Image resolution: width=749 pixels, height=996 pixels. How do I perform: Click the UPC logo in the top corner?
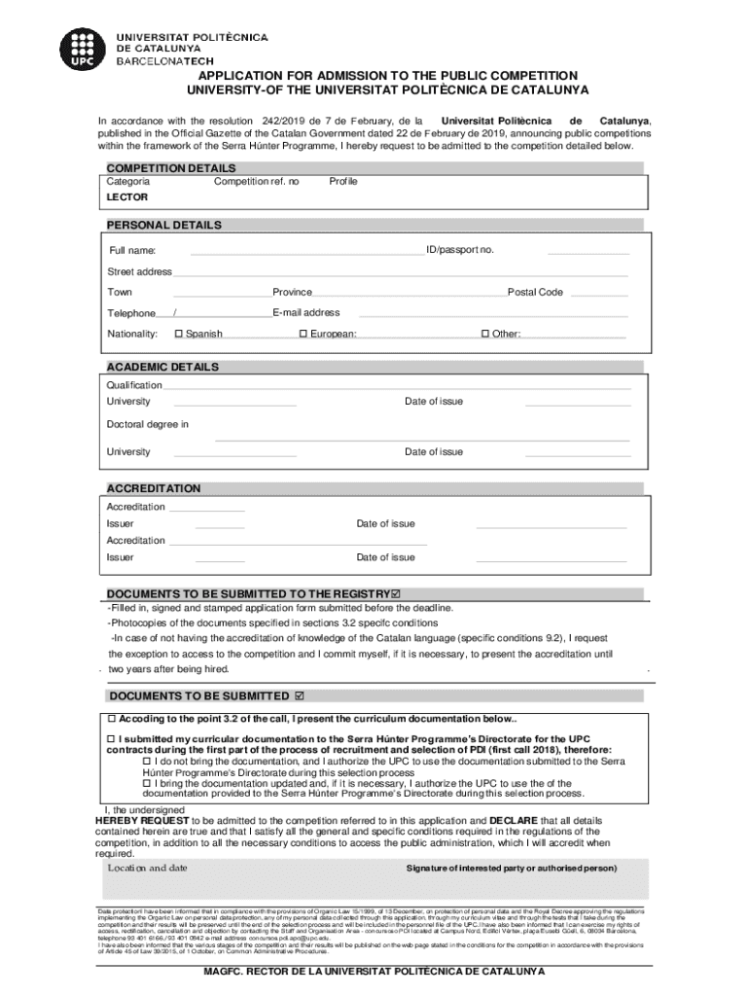coord(79,46)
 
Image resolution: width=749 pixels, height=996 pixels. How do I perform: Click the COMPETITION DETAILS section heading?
coord(170,168)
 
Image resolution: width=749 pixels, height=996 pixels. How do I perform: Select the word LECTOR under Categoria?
coord(127,196)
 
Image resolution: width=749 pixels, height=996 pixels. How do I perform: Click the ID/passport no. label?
coord(460,251)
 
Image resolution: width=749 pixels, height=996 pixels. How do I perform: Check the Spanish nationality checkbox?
coord(178,335)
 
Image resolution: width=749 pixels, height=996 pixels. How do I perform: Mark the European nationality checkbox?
coord(303,335)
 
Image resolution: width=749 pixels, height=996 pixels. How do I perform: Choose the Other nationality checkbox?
coord(484,335)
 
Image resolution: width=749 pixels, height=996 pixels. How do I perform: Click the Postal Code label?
coord(535,293)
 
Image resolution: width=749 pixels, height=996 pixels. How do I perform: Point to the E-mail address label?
coord(306,313)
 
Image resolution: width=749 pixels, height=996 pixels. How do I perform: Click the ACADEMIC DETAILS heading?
coord(162,368)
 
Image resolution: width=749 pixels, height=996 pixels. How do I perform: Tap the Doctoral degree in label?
coord(147,424)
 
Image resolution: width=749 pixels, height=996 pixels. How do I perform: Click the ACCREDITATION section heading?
coord(153,488)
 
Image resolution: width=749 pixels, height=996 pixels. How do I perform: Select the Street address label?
coord(139,271)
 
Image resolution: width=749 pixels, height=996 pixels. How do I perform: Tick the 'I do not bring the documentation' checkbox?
coord(147,763)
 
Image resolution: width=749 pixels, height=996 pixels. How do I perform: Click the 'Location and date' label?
coord(147,868)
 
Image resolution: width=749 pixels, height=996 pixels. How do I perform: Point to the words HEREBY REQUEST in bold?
coord(135,820)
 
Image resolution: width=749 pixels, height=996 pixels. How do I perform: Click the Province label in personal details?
coord(292,293)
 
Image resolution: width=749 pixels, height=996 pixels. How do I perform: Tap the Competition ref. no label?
coord(257,182)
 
